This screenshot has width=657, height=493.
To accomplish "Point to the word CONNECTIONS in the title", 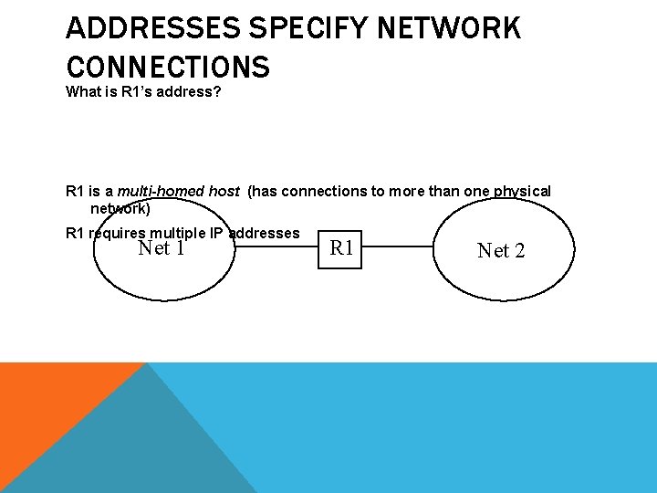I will [168, 67].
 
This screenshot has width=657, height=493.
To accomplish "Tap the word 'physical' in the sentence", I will [522, 191].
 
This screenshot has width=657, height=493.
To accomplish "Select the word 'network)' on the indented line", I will [120, 208].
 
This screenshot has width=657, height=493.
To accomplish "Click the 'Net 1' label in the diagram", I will [161, 247].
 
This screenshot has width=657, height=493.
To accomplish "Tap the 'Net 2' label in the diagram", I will [501, 250].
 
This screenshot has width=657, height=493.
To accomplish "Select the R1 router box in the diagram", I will [341, 247].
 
